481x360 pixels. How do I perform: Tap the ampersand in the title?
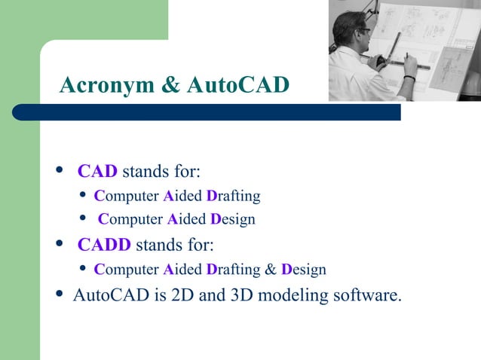(x=170, y=85)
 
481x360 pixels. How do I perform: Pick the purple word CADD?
(x=104, y=245)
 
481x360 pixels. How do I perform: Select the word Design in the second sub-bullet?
(x=232, y=220)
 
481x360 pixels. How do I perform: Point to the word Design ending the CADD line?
(x=304, y=269)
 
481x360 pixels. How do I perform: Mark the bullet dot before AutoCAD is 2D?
(x=60, y=294)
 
